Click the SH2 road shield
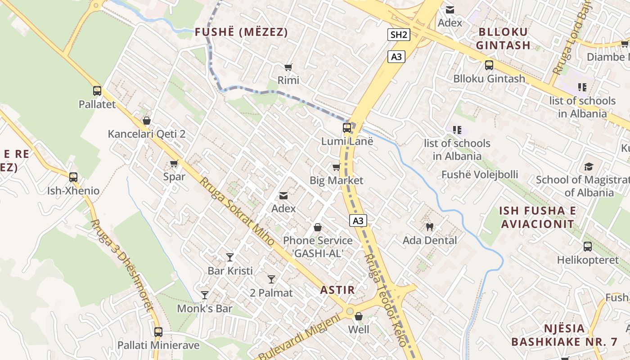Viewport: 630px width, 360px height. pyautogui.click(x=399, y=35)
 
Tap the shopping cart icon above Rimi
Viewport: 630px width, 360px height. pyautogui.click(x=288, y=67)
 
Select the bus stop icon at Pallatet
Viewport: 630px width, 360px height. pyautogui.click(x=97, y=91)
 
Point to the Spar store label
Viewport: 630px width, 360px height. pyautogui.click(x=174, y=176)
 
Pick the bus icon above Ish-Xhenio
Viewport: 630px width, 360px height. pyautogui.click(x=73, y=177)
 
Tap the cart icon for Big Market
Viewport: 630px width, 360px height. pyautogui.click(x=336, y=167)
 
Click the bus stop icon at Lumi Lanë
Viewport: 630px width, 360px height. pyautogui.click(x=347, y=128)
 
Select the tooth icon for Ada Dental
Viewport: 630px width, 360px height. pyautogui.click(x=429, y=227)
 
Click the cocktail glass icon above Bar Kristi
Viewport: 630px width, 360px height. pyautogui.click(x=230, y=257)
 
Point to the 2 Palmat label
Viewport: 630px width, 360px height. pyautogui.click(x=271, y=293)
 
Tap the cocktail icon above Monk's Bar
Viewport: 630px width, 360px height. pyautogui.click(x=205, y=295)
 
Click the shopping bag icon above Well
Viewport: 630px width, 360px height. pyautogui.click(x=359, y=316)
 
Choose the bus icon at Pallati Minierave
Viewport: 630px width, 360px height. pyautogui.click(x=158, y=332)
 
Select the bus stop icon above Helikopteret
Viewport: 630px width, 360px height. pyautogui.click(x=588, y=247)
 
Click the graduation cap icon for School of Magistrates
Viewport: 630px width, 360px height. pyautogui.click(x=589, y=167)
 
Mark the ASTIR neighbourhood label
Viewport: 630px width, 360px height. pyautogui.click(x=337, y=290)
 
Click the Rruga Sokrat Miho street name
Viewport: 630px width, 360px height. pyautogui.click(x=237, y=211)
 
